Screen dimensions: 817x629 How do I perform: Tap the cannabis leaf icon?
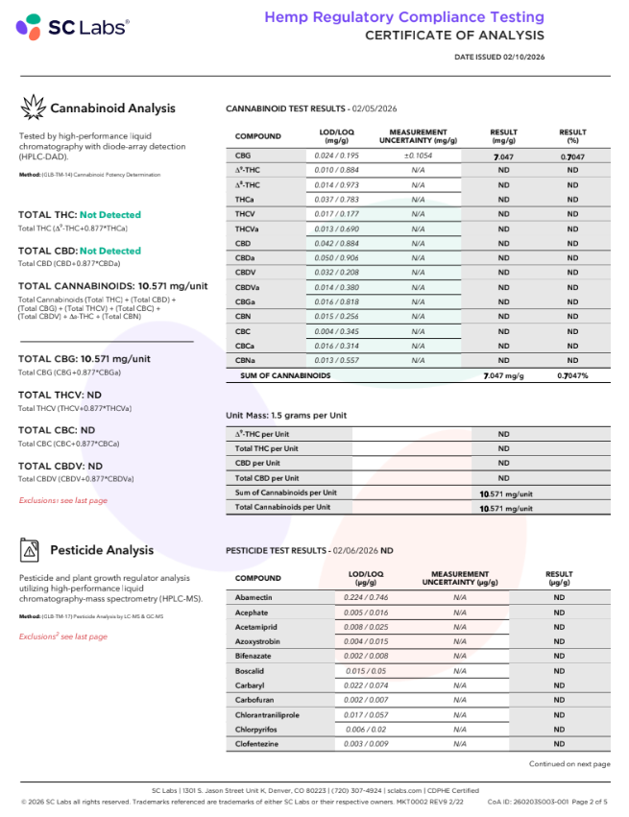point(34,108)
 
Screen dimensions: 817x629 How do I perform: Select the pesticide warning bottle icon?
point(32,550)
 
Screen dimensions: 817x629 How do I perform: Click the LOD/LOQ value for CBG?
point(337,155)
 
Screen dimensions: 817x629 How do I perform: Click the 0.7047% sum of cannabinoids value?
point(572,375)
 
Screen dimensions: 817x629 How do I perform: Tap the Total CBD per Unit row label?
point(267,477)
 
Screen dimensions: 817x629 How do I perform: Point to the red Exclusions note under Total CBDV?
point(63,500)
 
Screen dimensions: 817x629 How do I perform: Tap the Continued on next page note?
point(569,764)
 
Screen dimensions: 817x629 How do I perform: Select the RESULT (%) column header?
point(572,136)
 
